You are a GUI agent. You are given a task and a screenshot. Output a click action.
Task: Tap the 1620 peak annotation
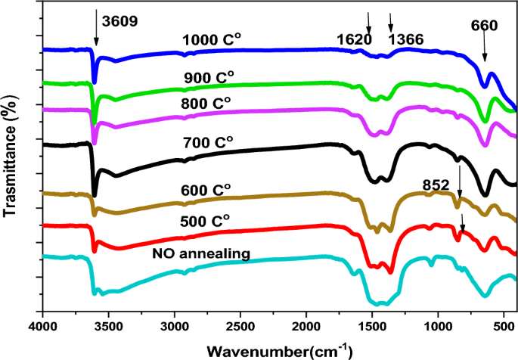(356, 38)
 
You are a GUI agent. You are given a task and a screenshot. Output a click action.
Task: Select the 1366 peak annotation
(405, 38)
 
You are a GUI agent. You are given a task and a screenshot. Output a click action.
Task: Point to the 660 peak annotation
(492, 26)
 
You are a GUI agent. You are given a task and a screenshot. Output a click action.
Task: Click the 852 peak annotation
(437, 184)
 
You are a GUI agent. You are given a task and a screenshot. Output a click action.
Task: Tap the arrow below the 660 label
(485, 51)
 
